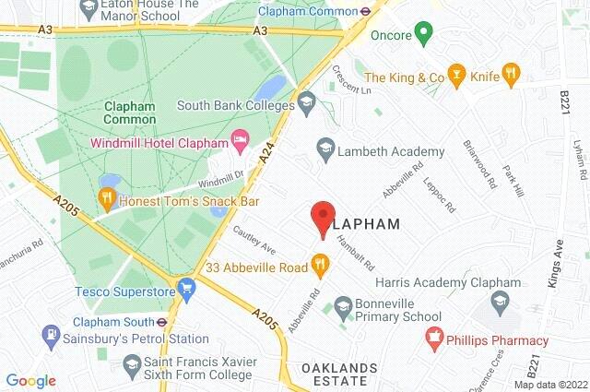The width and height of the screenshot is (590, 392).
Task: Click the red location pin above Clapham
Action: (321, 216)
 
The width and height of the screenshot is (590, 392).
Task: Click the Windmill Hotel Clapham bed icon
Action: (241, 143)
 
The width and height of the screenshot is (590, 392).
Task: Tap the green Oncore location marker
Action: (423, 36)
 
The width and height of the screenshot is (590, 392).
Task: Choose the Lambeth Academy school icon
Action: (324, 148)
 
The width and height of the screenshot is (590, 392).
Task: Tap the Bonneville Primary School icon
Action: (343, 305)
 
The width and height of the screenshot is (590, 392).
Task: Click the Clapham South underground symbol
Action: (160, 323)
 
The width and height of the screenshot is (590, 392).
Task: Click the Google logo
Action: (30, 381)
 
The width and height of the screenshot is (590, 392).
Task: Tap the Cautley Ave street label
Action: (254, 243)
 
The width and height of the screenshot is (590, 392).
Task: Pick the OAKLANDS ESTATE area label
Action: (340, 376)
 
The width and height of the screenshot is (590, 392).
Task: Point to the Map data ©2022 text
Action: (549, 384)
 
